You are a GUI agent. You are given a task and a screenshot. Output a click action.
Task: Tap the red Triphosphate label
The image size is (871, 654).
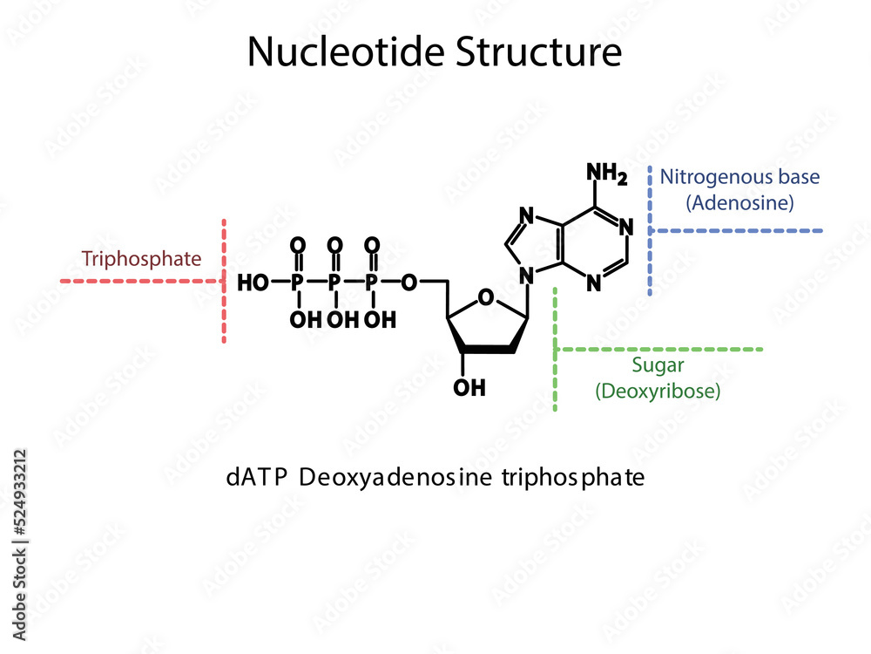coord(141,259)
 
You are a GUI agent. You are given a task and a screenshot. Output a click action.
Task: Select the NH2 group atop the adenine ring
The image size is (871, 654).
coord(606,174)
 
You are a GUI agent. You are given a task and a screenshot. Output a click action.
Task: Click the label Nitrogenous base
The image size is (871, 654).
coord(739,177)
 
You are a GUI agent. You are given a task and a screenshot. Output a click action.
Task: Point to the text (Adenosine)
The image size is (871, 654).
coord(739,203)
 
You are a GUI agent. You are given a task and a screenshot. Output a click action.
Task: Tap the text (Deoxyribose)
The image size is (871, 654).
coord(658,392)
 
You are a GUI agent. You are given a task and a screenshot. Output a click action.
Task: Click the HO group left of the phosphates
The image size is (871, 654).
coord(253,283)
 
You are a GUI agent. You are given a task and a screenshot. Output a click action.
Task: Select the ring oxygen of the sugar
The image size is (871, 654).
coord(486,301)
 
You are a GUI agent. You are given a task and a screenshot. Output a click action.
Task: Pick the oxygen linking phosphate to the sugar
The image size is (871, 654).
coord(411,283)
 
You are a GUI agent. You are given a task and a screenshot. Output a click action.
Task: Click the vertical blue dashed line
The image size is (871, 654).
coord(650,230)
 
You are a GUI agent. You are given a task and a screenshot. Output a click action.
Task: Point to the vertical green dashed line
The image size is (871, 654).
coord(556,349)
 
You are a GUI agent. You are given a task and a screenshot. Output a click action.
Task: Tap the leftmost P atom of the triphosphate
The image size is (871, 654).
coord(298,283)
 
